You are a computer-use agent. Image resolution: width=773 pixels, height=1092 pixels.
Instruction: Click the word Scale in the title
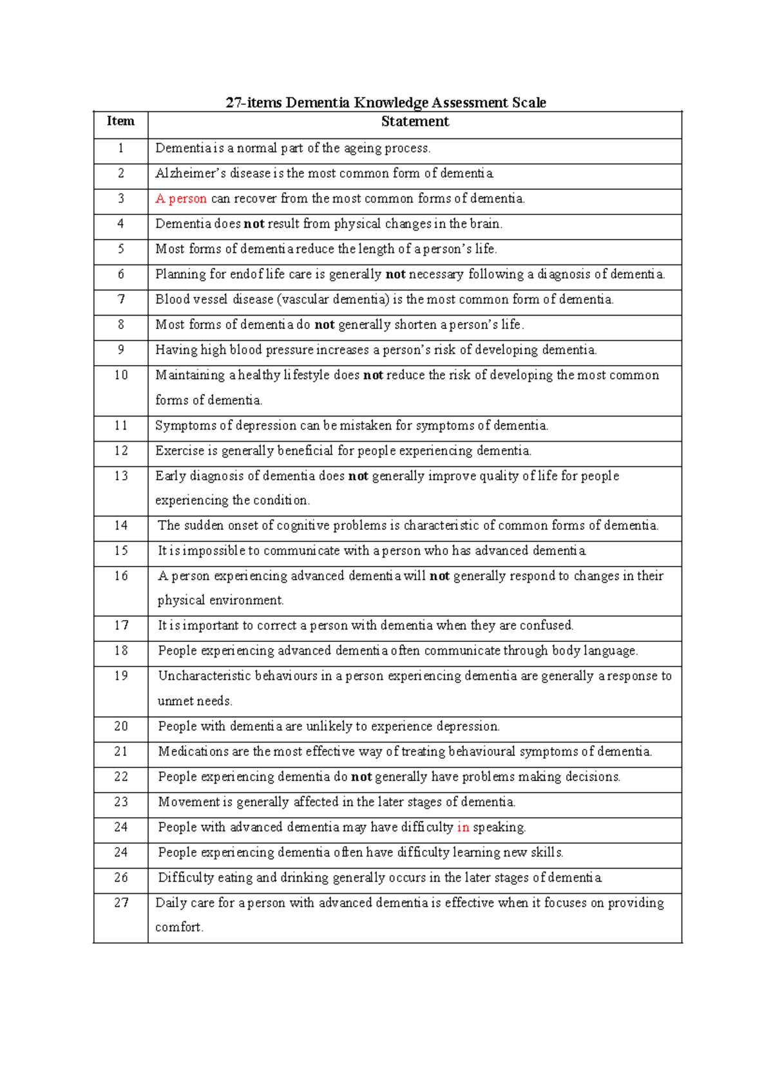(x=529, y=103)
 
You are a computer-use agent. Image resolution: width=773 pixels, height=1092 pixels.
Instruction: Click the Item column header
(x=120, y=121)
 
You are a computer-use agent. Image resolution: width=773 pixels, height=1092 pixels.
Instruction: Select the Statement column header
(x=415, y=122)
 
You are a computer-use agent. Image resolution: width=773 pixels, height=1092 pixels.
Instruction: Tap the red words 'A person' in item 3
(x=181, y=199)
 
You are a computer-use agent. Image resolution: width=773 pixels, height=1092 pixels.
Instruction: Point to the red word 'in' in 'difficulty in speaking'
(x=463, y=827)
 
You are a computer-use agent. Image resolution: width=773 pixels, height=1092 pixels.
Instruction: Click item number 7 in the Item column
(x=120, y=299)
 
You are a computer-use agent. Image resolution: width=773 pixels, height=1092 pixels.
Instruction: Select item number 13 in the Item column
(x=120, y=476)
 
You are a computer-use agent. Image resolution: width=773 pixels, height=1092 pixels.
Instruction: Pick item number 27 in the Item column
(x=120, y=903)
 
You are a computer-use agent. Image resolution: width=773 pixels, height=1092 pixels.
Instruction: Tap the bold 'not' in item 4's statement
(x=254, y=224)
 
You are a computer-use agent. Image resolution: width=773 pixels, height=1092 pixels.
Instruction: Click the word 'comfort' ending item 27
(x=178, y=927)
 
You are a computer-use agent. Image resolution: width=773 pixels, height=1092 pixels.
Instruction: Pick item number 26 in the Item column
(x=120, y=878)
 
